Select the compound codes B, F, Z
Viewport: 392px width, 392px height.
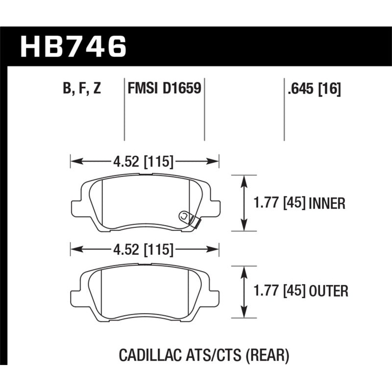pos(81,89)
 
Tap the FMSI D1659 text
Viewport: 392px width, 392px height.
pos(164,89)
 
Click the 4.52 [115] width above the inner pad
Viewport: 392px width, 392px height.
pos(145,160)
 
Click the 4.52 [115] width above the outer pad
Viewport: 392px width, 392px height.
pos(145,250)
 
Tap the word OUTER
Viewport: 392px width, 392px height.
pos(328,292)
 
